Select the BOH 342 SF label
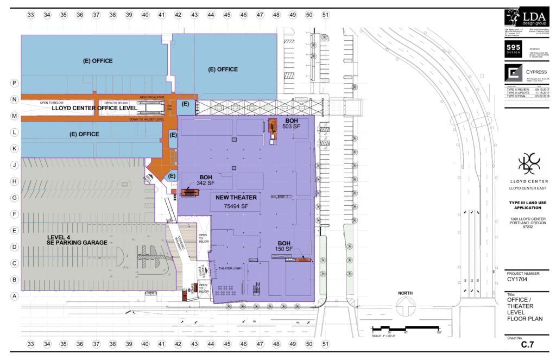(206, 180)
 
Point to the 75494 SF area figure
(233, 206)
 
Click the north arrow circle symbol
(405, 311)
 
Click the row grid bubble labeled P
(15, 83)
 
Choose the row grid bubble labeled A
(15, 296)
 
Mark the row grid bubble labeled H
(15, 181)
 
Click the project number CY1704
(519, 281)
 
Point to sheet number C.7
(529, 345)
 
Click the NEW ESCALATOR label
(151, 97)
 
